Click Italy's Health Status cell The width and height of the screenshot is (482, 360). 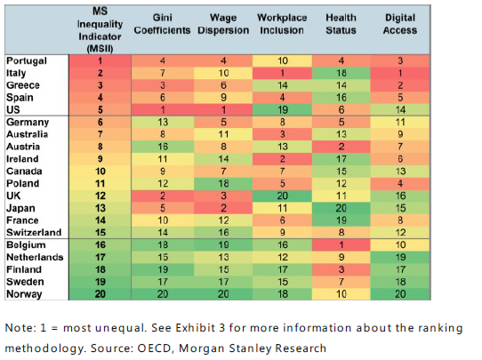point(341,72)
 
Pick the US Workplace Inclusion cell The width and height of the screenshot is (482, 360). point(282,108)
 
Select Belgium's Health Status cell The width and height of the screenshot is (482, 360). point(341,243)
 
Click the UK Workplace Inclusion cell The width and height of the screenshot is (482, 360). point(282,194)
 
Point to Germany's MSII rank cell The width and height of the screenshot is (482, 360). point(100,121)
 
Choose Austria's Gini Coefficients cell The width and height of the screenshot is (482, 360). point(163,145)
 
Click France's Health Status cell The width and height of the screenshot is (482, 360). point(341,219)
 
